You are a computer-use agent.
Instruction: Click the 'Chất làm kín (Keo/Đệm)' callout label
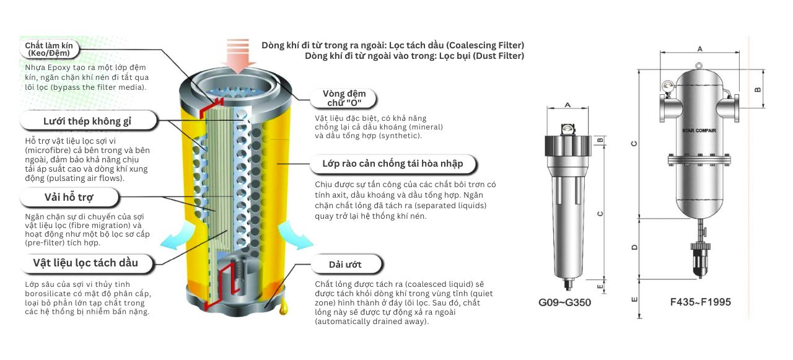point(53,49)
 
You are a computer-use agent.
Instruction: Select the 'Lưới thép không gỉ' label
point(87,121)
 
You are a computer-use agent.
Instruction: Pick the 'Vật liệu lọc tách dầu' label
point(85,263)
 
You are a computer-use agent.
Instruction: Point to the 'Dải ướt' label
point(345,265)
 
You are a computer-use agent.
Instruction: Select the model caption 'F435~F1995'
point(700,302)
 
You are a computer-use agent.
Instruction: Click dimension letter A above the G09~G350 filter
point(568,105)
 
